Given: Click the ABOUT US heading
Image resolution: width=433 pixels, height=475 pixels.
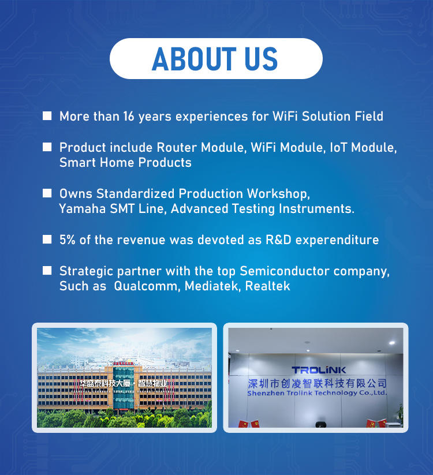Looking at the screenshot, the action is (x=215, y=59).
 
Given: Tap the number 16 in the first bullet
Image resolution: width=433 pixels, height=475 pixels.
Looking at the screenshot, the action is (x=129, y=117).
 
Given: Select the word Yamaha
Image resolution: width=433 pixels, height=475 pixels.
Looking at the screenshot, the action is (x=82, y=209).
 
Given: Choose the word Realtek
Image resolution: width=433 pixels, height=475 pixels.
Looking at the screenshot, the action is (x=267, y=286).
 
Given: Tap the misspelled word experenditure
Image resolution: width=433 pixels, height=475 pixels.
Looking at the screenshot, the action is (x=337, y=240).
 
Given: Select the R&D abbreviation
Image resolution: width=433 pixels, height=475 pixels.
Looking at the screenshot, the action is (x=278, y=240).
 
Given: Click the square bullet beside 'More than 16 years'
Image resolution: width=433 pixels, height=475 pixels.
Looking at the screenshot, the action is (x=47, y=116).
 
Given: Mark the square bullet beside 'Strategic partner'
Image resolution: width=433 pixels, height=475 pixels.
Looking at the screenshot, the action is (x=47, y=270).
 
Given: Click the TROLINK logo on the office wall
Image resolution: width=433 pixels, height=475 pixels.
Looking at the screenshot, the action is (x=319, y=370).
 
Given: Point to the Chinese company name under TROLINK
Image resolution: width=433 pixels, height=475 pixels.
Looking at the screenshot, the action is (x=318, y=383).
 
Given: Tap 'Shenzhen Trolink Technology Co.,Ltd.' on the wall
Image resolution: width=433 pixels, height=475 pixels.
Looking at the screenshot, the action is (x=318, y=393).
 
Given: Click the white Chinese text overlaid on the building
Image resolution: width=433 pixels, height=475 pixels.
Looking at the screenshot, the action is (x=123, y=383).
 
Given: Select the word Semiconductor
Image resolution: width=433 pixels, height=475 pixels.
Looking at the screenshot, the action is (x=285, y=271).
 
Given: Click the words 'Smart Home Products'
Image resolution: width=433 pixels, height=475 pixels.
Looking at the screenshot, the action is (x=125, y=163).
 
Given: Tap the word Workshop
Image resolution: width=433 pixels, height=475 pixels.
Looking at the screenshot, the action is (x=278, y=194).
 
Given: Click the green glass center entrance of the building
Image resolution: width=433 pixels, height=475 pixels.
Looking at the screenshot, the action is (x=124, y=388).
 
